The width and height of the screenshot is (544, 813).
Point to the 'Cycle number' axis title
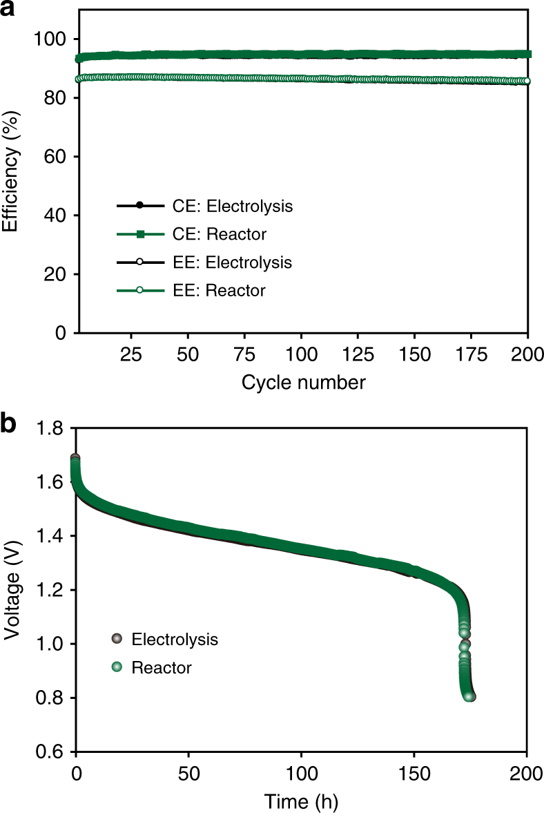pos(303,382)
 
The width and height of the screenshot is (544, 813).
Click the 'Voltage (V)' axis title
pos(11,591)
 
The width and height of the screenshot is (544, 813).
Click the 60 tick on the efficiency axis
pos(55,157)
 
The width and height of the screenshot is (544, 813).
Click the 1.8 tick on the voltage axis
pos(50,429)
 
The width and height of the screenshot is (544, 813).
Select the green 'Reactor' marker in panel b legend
pos(117,667)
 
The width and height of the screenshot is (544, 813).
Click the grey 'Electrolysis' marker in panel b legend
pos(117,639)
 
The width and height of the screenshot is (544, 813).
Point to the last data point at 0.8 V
pos(470,697)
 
